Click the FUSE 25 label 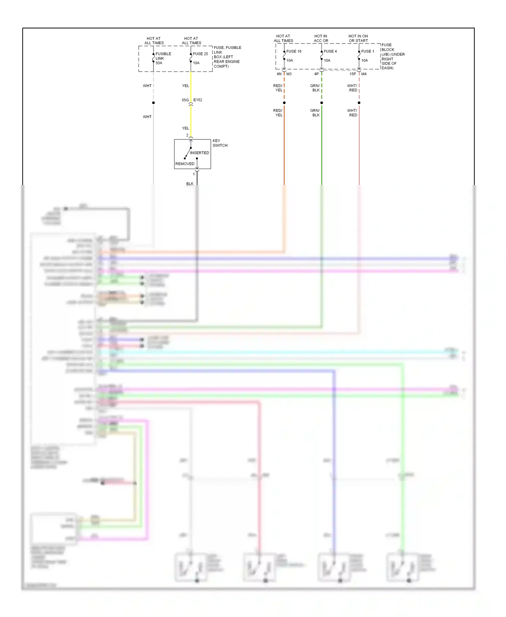200,54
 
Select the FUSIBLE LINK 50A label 163,58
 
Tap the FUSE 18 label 294,51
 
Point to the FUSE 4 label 330,51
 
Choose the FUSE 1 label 368,51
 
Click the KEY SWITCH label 220,143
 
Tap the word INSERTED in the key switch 199,153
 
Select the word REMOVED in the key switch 185,164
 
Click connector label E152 198,100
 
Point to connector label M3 289,74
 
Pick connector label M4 364,74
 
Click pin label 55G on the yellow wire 185,100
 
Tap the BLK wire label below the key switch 190,184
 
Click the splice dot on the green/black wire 321,103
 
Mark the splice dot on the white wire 153,103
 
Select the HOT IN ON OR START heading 358,38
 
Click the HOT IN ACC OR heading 321,38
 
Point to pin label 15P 353,74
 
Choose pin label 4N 279,74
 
